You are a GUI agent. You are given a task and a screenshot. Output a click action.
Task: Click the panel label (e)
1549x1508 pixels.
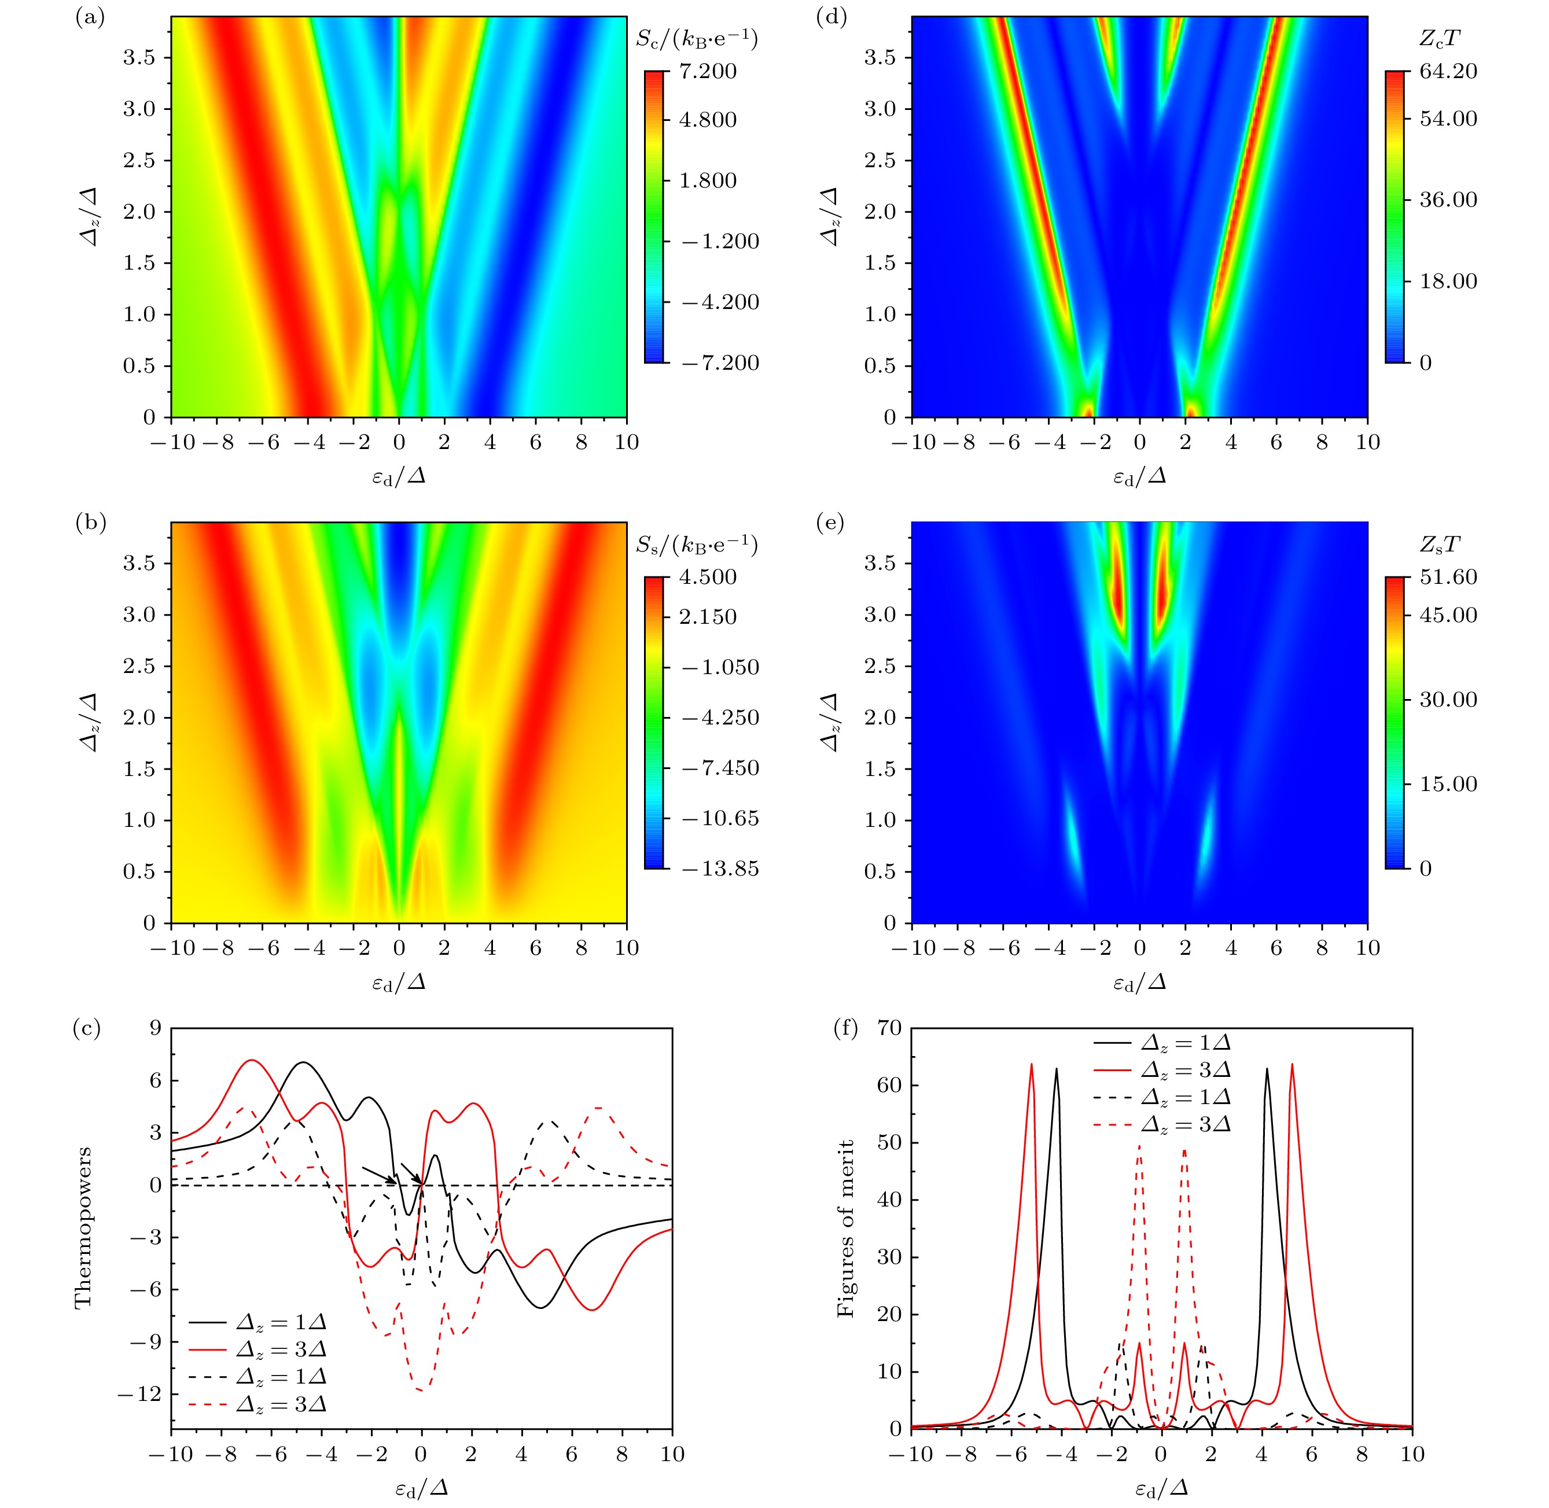pos(830,524)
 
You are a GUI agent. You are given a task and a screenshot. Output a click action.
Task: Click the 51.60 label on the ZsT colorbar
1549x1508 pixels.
pos(1450,578)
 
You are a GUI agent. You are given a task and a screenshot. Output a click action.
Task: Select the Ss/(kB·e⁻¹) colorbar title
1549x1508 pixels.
pos(697,545)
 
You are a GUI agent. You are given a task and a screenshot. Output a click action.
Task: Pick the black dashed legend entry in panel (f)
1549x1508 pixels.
pos(1164,1098)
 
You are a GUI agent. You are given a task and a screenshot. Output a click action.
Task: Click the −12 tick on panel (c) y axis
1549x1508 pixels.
pos(138,1394)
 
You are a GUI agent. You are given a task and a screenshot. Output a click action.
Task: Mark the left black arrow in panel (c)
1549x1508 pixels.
pos(378,1175)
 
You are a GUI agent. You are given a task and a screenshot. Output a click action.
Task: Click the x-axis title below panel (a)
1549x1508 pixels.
pos(398,477)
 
